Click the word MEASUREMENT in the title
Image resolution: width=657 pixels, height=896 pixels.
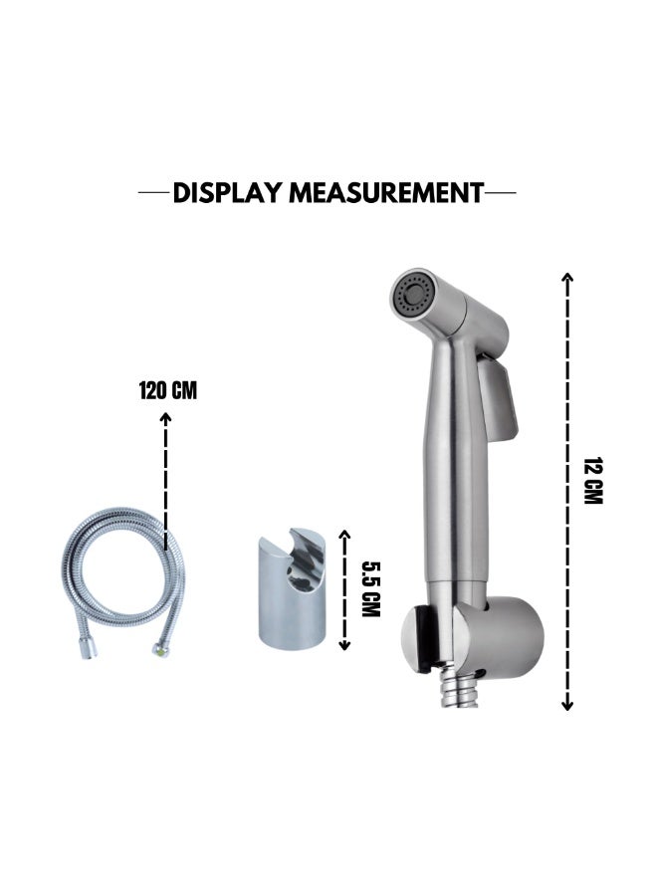386,193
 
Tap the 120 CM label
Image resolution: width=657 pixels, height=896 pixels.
168,391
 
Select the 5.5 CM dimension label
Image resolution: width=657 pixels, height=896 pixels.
370,589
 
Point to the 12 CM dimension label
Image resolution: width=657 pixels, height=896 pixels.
593,480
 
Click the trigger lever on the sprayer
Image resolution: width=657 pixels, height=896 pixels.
498,398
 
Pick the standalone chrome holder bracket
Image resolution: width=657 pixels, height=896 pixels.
292,588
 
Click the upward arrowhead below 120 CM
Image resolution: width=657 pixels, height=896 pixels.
165,418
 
